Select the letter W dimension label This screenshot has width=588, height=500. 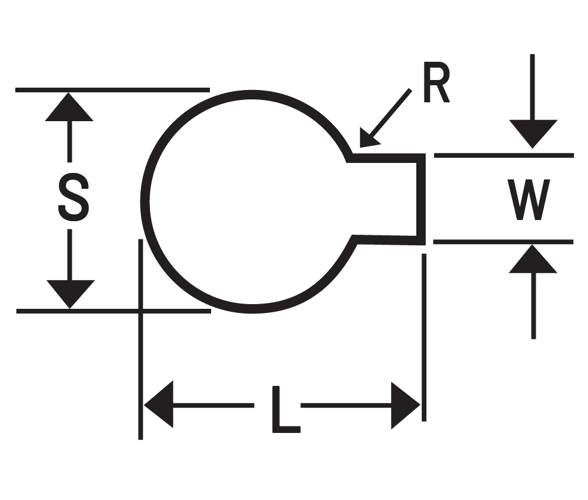pos(529,200)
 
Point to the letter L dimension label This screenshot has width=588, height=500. pos(284,409)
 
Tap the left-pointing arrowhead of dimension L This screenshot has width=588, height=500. pos(159,405)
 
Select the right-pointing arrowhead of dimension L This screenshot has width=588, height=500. pos(405,405)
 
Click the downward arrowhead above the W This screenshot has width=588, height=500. pos(533,134)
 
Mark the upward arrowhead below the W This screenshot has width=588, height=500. pos(533,259)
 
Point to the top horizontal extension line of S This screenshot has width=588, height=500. pos(112,90)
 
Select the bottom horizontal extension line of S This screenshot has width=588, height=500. pos(112,311)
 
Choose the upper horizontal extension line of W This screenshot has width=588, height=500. pos(503,155)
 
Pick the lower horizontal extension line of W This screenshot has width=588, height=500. pos(503,242)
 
